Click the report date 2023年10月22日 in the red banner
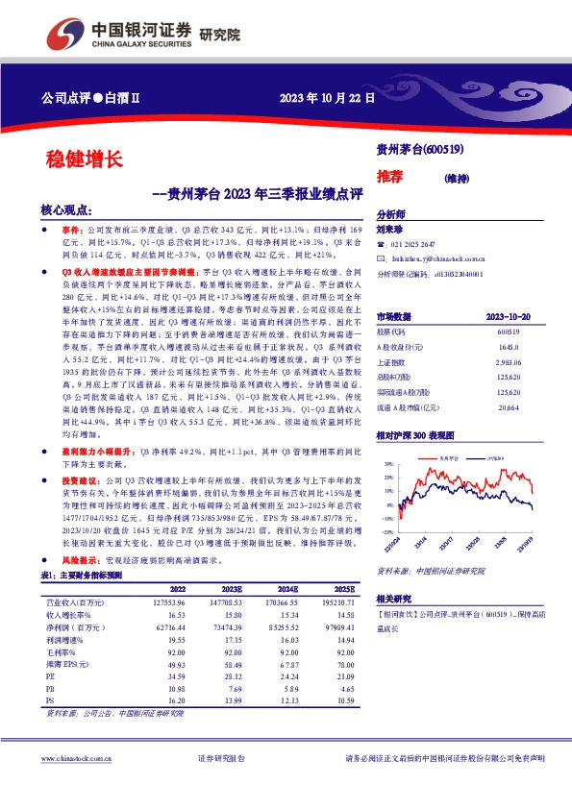[x=327, y=98]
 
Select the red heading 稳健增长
[x=84, y=159]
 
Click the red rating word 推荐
[x=390, y=177]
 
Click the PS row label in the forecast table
[x=51, y=702]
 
